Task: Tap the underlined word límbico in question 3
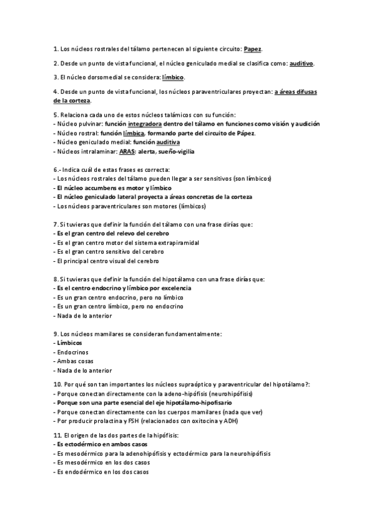[173, 77]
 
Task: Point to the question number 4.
[56, 92]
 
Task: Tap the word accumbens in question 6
[98, 187]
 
